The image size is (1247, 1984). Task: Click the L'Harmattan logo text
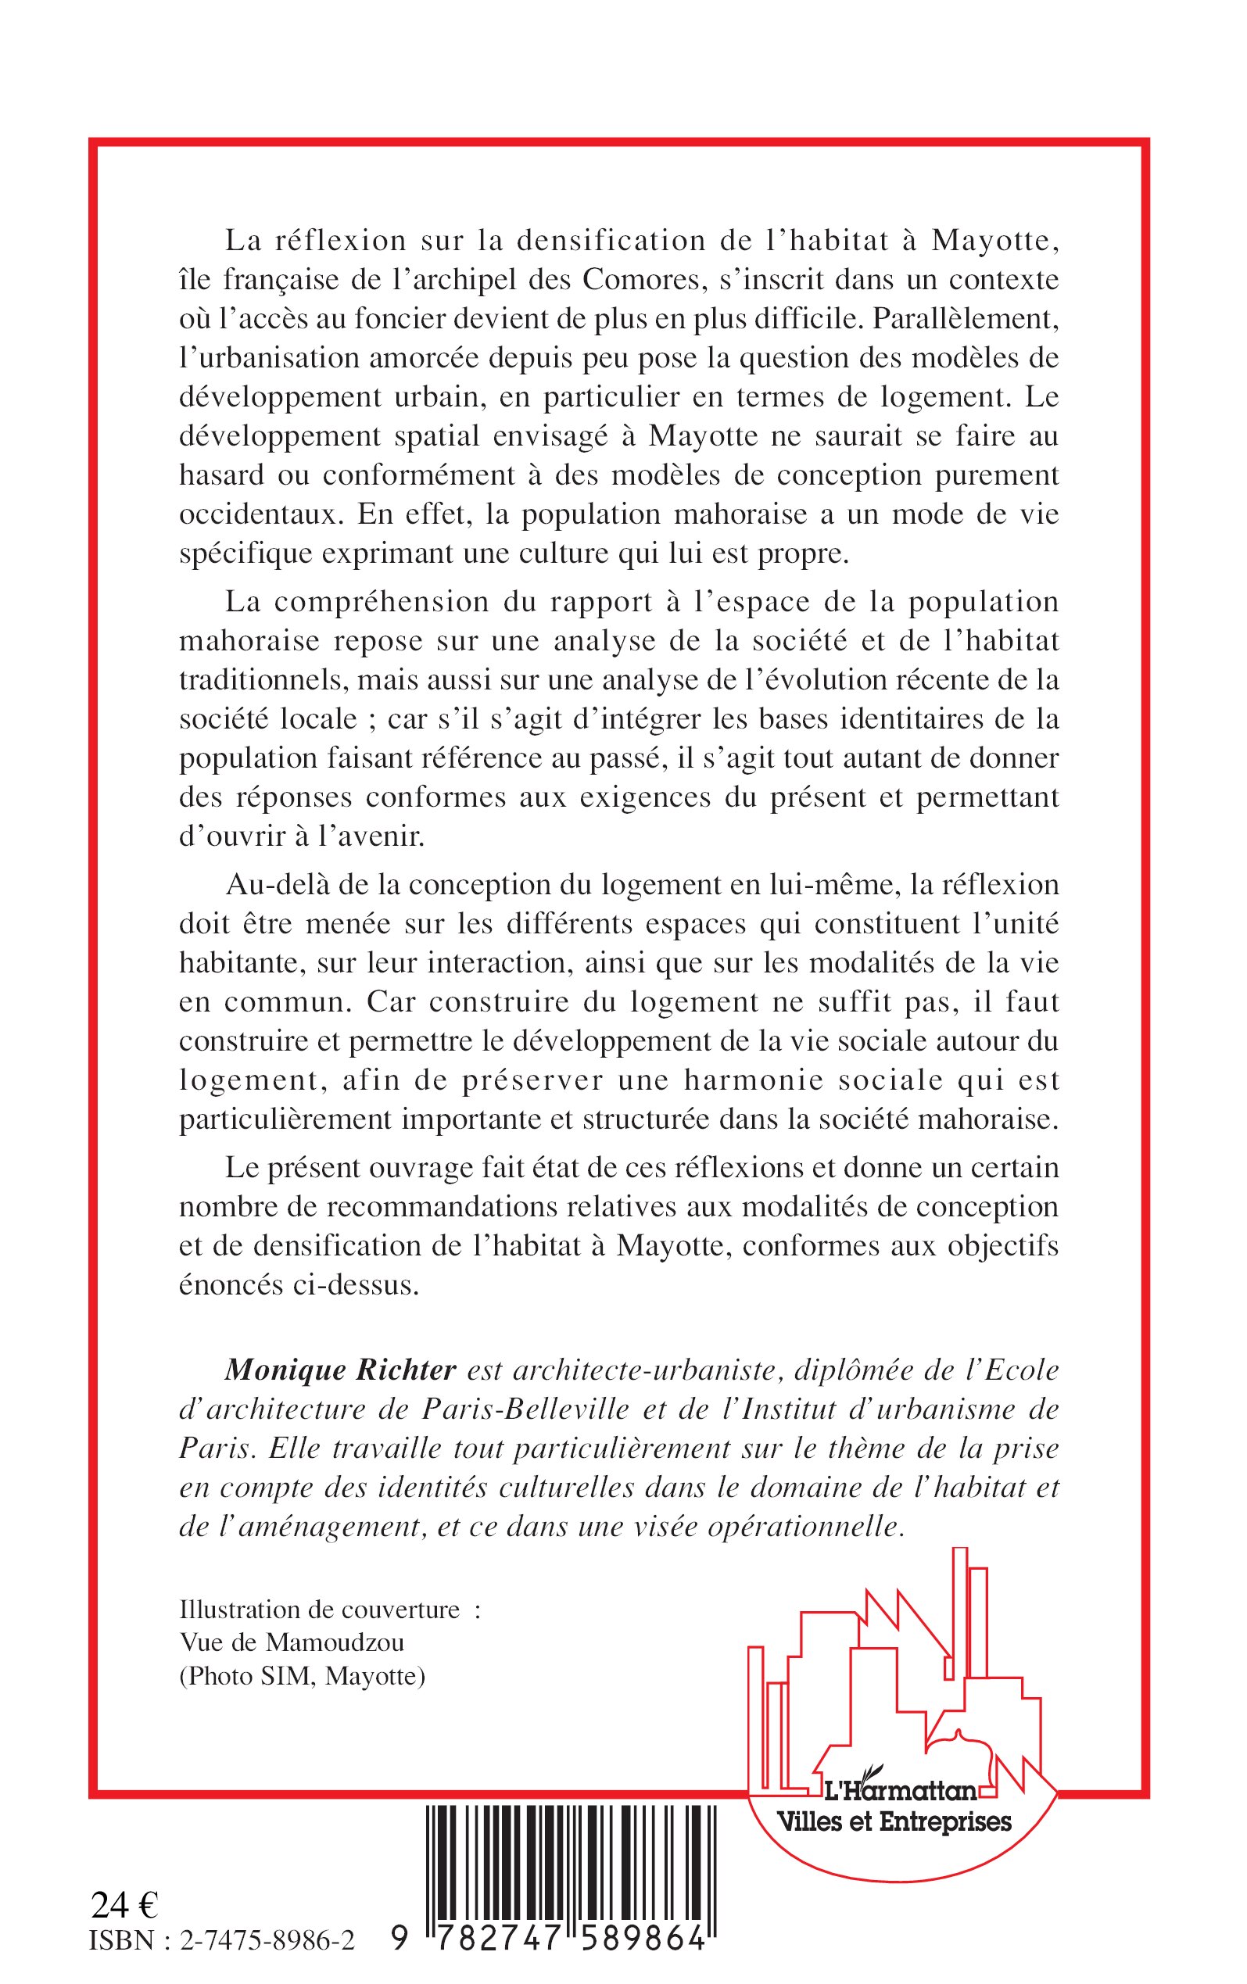(x=901, y=1791)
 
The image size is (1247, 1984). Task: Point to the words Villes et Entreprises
(x=895, y=1821)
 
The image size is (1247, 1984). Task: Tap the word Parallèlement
(x=964, y=318)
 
